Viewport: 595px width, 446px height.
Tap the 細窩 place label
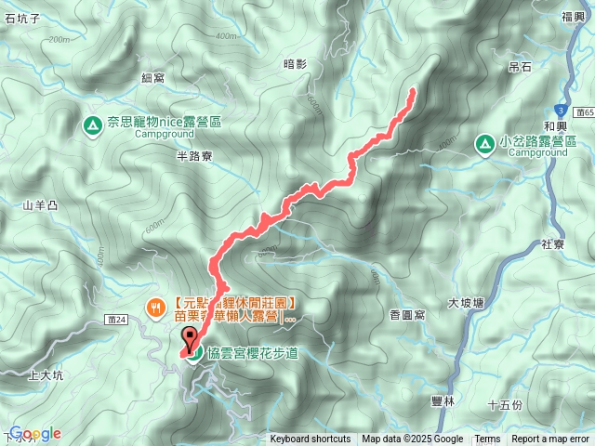coord(154,80)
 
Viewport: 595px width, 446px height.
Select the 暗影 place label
coord(294,63)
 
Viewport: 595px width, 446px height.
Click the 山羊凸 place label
coord(40,205)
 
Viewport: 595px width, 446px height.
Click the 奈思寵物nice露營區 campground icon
coord(93,124)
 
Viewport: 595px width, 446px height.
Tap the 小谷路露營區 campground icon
coord(485,143)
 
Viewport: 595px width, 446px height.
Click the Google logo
coord(35,434)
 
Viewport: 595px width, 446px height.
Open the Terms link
coord(487,439)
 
